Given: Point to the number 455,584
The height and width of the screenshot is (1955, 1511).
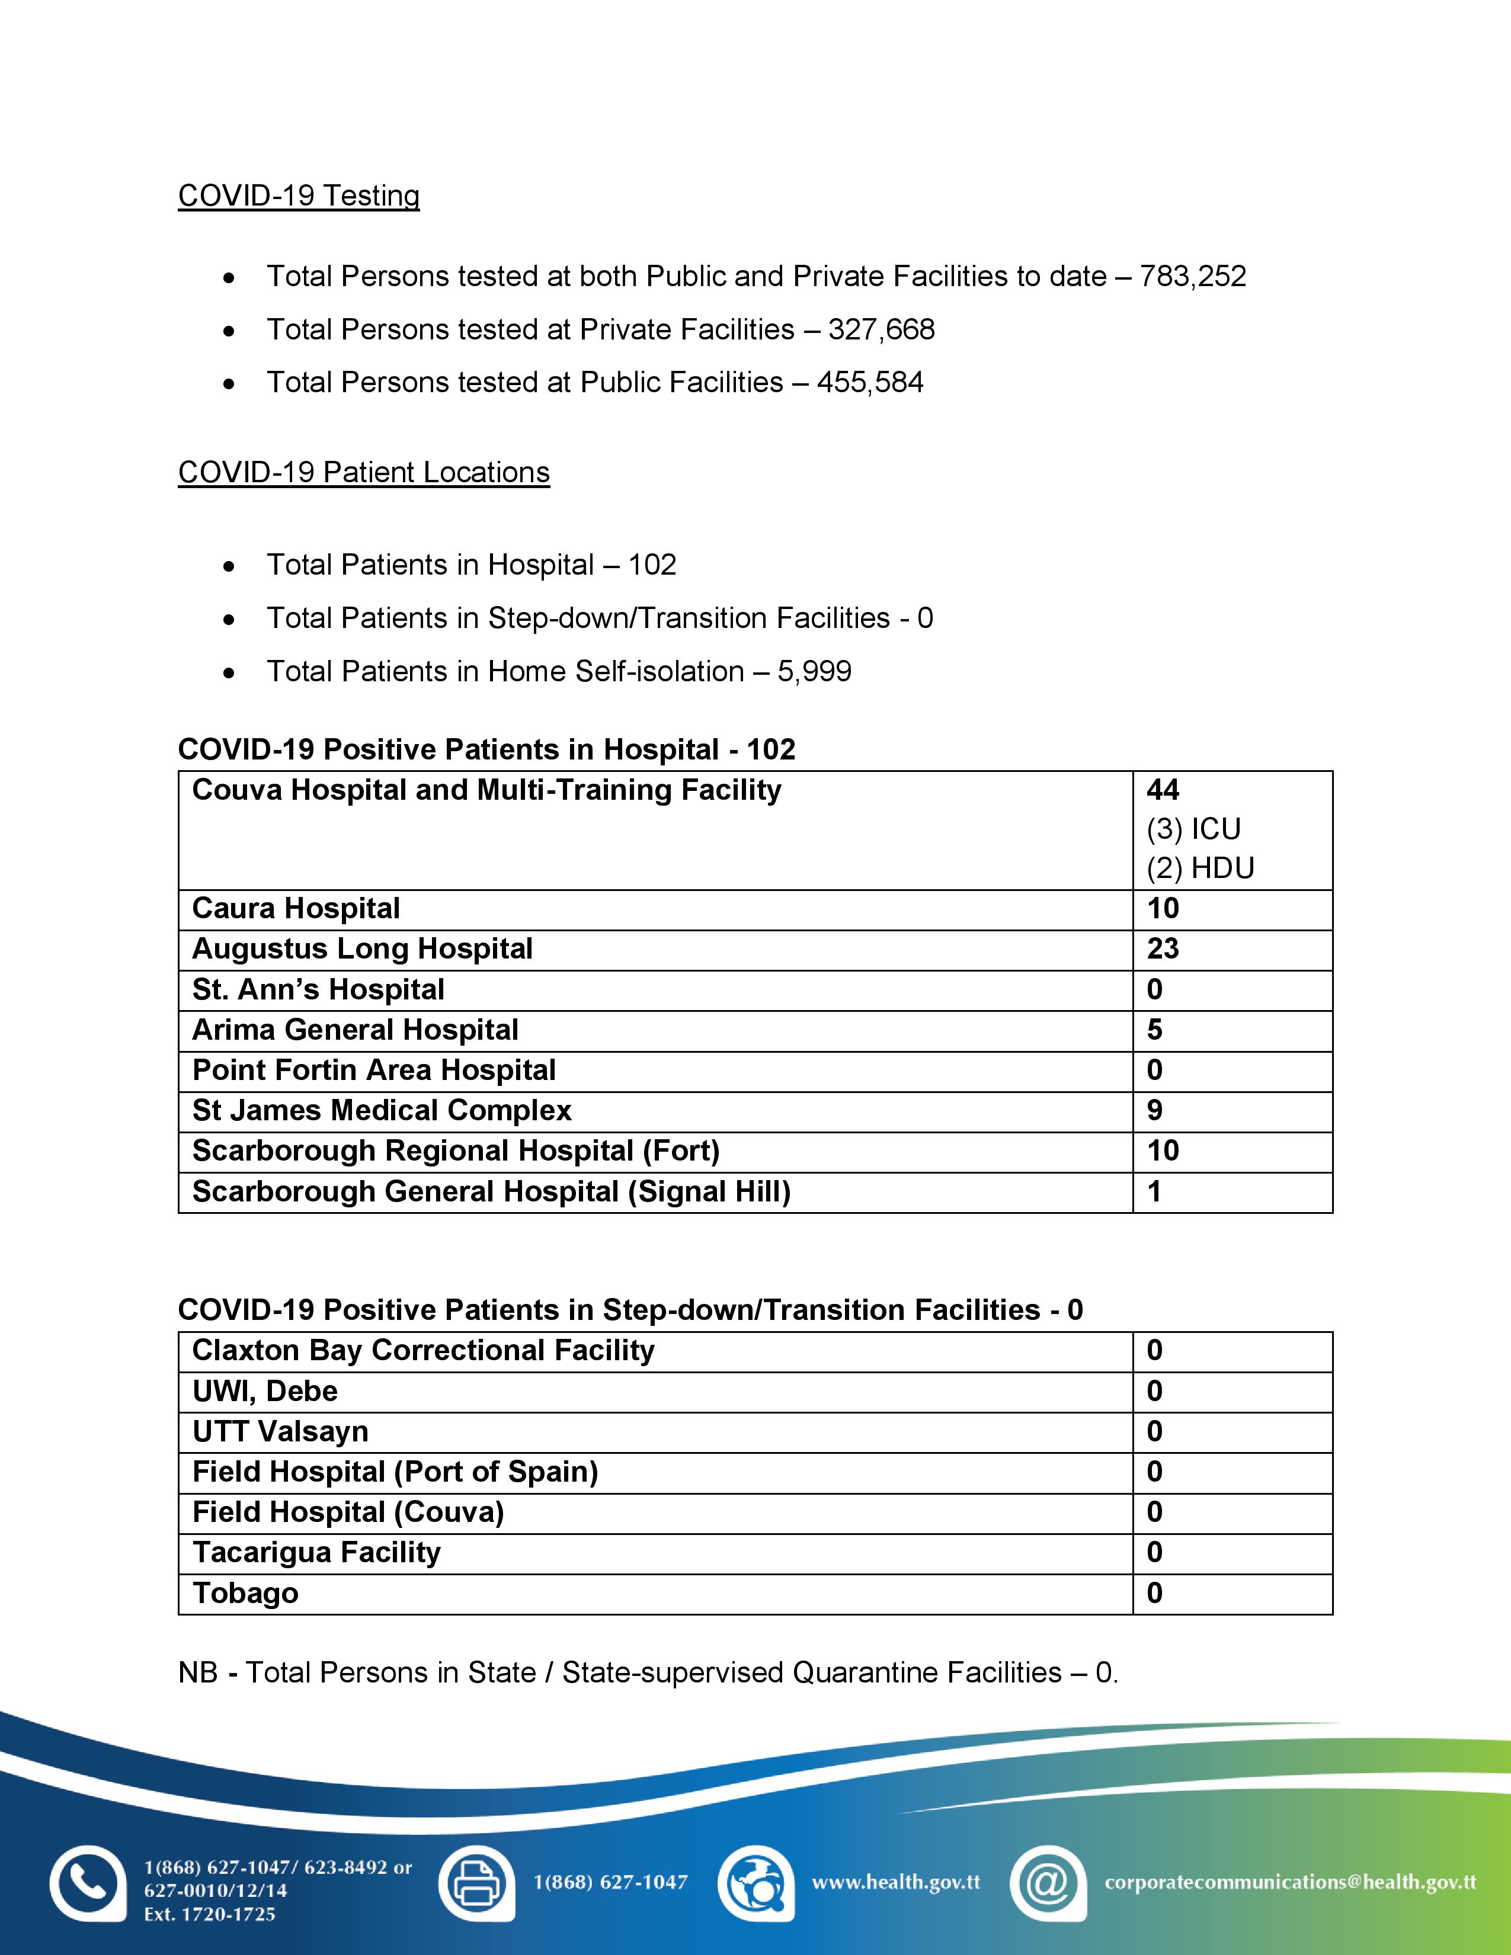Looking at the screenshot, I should (869, 382).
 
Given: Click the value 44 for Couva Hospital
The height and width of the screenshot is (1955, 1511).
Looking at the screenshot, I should (1163, 790).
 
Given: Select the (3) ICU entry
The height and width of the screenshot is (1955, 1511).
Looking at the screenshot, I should (1193, 829).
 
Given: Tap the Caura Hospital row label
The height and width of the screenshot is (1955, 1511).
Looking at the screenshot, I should (296, 909).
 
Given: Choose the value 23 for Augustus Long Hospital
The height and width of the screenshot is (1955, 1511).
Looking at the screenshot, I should (1163, 949).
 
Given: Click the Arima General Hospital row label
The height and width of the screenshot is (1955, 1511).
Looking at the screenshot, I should (356, 1030).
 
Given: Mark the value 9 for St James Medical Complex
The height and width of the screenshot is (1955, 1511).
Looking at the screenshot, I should (1155, 1110).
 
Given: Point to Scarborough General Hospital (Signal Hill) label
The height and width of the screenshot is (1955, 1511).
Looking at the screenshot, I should (491, 1191).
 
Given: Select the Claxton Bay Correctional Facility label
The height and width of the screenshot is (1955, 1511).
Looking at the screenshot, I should (424, 1350).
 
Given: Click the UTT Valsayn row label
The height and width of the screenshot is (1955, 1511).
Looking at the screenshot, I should (280, 1431).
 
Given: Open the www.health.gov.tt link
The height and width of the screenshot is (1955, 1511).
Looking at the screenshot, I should (895, 1883).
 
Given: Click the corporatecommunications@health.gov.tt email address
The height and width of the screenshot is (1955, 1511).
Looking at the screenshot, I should (1290, 1883).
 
